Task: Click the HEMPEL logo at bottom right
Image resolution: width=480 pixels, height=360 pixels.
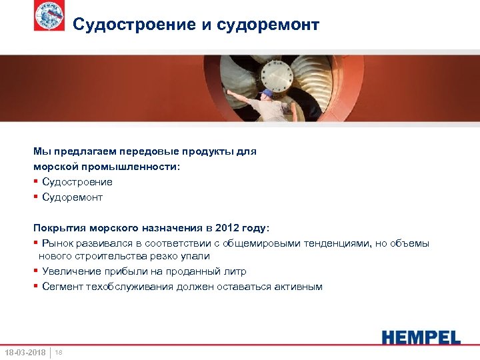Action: point(421,337)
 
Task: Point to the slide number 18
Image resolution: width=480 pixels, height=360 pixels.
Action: point(59,352)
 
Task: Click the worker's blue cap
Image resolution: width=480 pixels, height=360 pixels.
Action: point(267,93)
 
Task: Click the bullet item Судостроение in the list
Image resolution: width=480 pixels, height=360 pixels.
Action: point(77,181)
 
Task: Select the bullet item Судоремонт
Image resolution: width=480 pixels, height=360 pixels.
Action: point(73,197)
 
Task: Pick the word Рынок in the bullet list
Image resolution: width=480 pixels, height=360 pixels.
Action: point(57,243)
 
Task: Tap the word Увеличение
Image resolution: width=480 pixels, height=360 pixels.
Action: point(71,271)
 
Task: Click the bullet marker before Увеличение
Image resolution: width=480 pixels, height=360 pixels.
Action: point(36,271)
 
